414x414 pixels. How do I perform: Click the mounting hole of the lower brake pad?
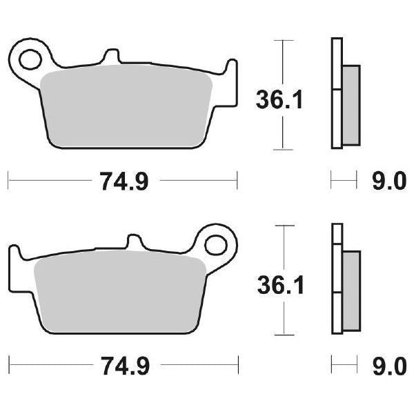(217, 245)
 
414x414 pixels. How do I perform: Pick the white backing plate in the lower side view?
(336, 279)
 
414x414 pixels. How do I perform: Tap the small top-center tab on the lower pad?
(135, 242)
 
